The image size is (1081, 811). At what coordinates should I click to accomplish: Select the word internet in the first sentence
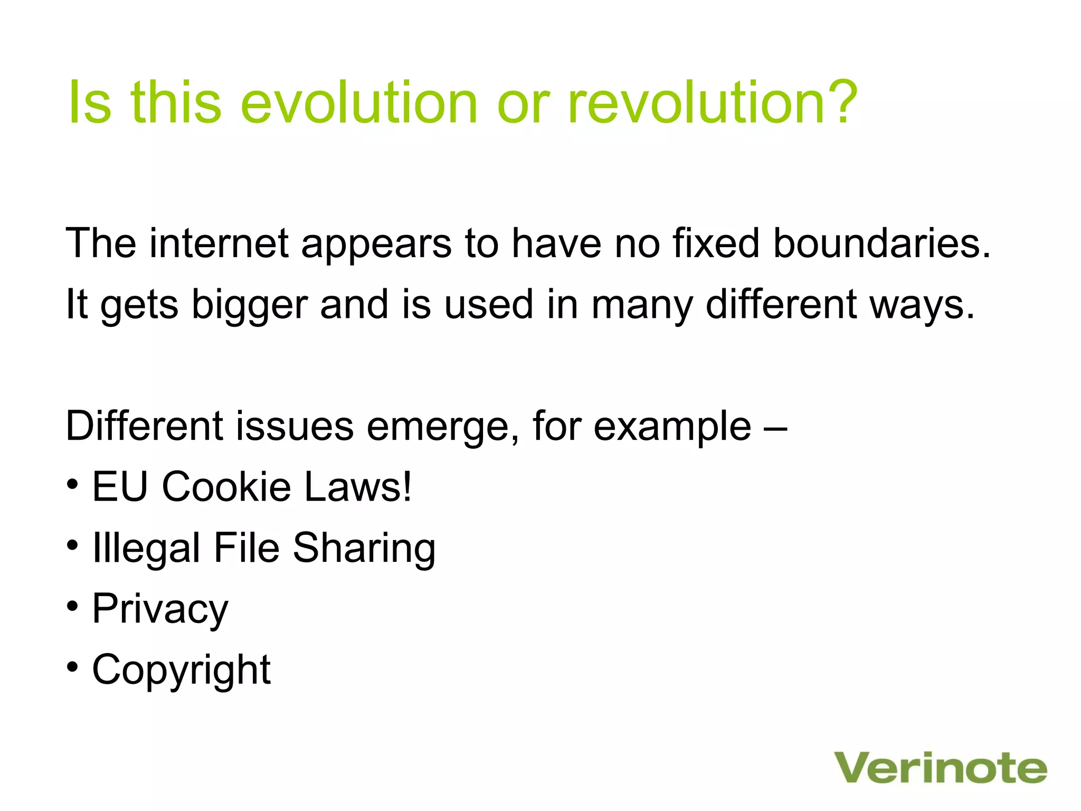219,243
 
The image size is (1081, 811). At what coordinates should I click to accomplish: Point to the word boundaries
881,243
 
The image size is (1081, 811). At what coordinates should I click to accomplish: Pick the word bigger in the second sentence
249,306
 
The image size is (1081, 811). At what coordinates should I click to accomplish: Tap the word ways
921,306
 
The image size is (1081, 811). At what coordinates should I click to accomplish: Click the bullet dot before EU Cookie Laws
73,484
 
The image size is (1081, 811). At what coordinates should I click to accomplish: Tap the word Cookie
226,486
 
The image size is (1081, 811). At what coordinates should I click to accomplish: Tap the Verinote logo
940,769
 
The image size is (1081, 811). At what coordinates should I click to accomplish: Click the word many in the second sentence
642,306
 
